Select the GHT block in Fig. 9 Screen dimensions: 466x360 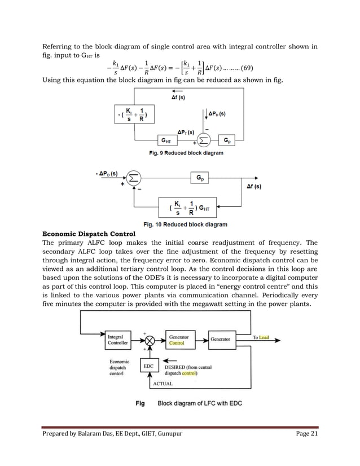166,140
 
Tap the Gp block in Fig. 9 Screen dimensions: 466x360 227,140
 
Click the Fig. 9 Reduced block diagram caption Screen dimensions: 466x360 186,153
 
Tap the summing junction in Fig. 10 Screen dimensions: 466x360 133,178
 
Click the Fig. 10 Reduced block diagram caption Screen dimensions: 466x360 186,225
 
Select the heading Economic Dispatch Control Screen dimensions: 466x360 89,234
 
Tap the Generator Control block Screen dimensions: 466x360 181,339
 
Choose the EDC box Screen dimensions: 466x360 149,366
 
